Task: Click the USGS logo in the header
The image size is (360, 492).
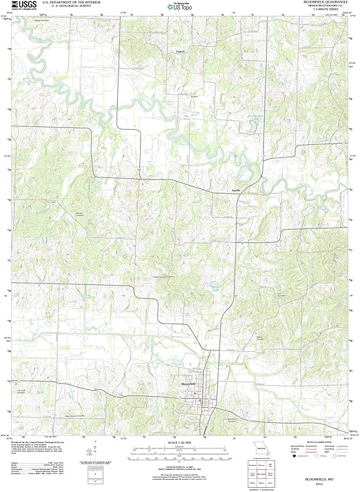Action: (x=21, y=6)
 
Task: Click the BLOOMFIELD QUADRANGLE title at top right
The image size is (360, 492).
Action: (x=321, y=3)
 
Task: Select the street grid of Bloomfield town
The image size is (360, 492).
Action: (x=203, y=397)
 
